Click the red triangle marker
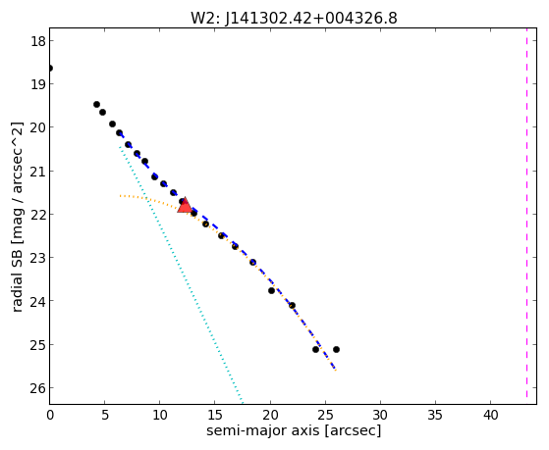(x=185, y=206)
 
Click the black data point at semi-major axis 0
(x=50, y=68)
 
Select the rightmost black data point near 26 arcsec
(x=336, y=349)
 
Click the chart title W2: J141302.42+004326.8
(x=294, y=18)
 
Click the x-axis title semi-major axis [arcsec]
(x=294, y=430)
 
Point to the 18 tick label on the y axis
(x=38, y=41)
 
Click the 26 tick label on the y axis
(x=38, y=388)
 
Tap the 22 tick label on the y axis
(x=38, y=215)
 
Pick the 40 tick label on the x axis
(x=490, y=415)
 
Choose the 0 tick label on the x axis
(x=50, y=415)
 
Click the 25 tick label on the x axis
(x=325, y=415)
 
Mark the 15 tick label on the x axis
(x=215, y=415)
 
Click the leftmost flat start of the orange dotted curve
(x=120, y=196)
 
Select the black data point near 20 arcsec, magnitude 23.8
(x=271, y=290)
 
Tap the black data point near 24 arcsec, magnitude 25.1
(x=315, y=349)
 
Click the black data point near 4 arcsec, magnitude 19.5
(x=96, y=104)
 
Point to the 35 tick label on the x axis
(x=435, y=415)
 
